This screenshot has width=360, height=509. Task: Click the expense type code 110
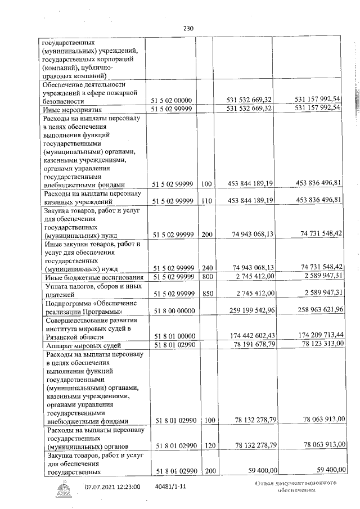(x=207, y=201)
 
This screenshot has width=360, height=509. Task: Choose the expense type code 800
(x=207, y=277)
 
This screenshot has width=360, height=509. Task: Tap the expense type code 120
(x=207, y=445)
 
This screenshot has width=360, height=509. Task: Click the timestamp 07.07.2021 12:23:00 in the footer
(x=112, y=487)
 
